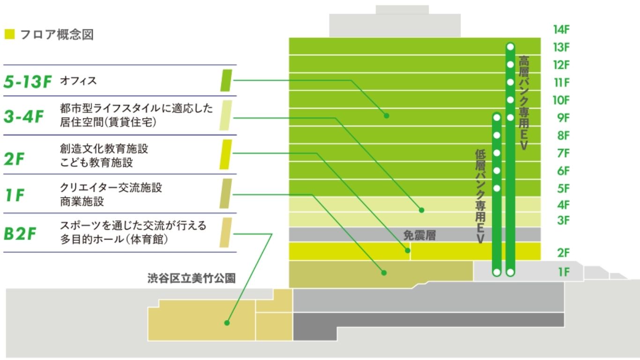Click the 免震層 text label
point(419,235)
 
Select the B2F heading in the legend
point(20,233)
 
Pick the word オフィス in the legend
point(78,81)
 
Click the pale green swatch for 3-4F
point(226,115)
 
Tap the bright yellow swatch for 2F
point(226,154)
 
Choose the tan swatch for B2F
point(226,232)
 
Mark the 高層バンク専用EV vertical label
point(524,103)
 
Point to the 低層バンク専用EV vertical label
point(480,196)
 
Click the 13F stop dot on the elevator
point(510,47)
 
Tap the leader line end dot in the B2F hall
point(227,322)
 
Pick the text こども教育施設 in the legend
point(97,163)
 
